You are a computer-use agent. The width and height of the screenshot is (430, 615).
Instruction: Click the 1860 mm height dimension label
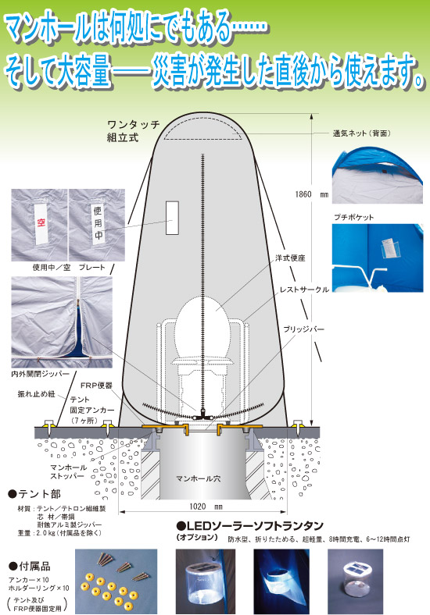[311, 194]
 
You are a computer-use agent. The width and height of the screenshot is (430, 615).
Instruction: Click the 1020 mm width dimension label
[206, 507]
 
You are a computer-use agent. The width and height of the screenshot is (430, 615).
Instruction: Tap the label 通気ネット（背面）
[363, 133]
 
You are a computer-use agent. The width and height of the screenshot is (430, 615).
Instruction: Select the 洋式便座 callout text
[290, 258]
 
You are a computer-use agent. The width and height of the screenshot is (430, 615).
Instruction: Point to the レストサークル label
[304, 290]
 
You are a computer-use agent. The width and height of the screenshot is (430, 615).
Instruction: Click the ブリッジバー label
[304, 329]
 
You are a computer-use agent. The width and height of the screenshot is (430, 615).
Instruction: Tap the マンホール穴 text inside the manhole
[198, 478]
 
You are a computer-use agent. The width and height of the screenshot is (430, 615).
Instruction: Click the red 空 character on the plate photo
[41, 222]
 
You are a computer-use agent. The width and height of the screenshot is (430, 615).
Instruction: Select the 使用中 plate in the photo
[98, 222]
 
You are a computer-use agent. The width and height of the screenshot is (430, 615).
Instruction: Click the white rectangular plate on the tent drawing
[172, 218]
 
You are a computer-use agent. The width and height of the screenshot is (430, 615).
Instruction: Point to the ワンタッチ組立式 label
[134, 131]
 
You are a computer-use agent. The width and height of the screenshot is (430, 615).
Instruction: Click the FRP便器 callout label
[96, 386]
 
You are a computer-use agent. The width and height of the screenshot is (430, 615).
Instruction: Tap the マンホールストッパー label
[68, 471]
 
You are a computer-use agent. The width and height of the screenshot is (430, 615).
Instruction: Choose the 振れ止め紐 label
[37, 394]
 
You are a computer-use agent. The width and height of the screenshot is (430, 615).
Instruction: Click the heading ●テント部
[34, 494]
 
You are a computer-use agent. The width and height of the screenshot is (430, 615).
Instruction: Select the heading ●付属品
[30, 566]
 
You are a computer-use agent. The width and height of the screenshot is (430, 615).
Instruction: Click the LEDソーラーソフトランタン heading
[250, 525]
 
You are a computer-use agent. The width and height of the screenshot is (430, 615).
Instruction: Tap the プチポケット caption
[353, 217]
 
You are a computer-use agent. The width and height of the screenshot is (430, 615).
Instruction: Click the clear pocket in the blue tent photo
[391, 247]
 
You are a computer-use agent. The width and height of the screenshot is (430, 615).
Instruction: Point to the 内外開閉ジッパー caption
[40, 374]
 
